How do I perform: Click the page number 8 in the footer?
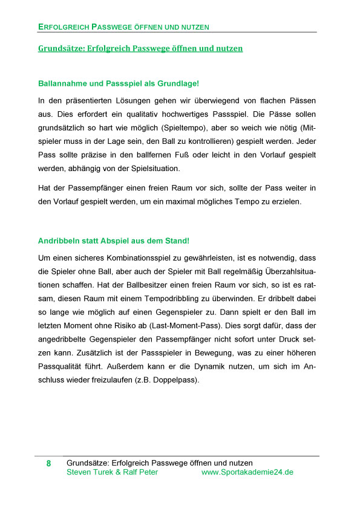[48, 464]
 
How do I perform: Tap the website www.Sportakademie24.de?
[247, 472]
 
